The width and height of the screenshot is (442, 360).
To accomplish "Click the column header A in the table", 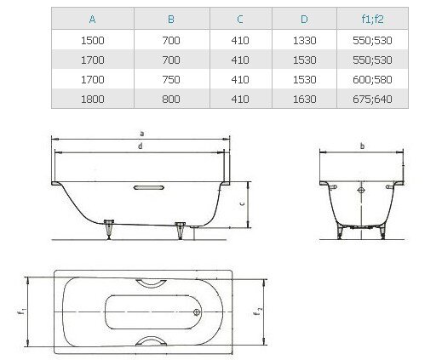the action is point(92,20).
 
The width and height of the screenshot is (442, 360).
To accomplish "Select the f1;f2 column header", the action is point(372,19).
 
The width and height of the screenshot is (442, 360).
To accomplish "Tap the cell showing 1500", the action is point(93,41).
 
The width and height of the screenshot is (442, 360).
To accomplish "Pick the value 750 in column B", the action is point(171,79).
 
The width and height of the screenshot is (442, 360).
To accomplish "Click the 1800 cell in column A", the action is point(93,99).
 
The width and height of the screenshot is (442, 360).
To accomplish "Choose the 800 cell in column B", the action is point(171,99).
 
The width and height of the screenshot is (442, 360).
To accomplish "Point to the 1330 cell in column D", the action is point(304,41).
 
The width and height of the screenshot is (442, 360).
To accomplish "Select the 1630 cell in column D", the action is point(304,99).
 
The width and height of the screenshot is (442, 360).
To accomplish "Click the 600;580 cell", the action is point(372,79).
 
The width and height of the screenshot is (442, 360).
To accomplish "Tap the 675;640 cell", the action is point(372,99).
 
